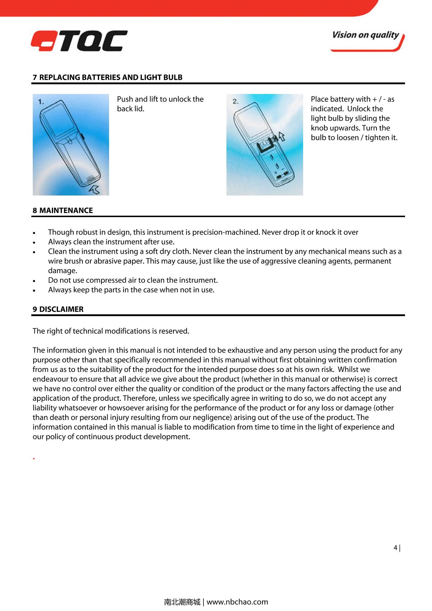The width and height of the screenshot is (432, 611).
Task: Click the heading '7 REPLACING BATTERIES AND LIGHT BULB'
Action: coord(108,77)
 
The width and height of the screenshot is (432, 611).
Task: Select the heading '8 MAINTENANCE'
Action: coord(63,211)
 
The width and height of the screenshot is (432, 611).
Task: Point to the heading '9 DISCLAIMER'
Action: coord(58,309)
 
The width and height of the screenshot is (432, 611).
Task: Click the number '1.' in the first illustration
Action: coord(42,102)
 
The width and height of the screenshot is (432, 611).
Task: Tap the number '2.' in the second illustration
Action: coord(235,102)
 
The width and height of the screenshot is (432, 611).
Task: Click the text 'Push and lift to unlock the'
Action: coord(160,99)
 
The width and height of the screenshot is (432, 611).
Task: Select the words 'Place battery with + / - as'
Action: coord(352,99)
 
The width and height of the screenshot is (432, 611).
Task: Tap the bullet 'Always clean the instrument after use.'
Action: coord(111,242)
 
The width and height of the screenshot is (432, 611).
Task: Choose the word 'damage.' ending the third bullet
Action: coord(63,271)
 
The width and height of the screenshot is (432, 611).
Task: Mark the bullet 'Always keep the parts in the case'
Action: coord(131,290)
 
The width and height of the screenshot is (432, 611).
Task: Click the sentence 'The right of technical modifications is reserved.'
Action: coord(111,331)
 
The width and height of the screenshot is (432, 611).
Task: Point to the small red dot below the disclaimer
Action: coord(33,459)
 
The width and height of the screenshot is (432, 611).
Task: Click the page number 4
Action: coord(396,548)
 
